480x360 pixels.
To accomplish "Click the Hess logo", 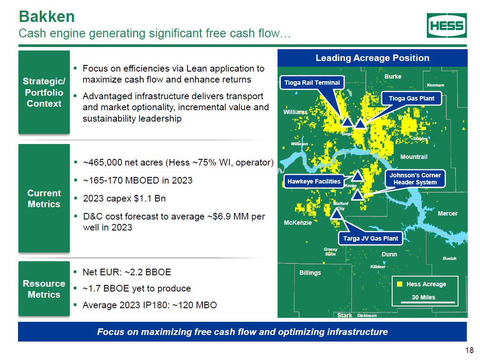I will tap(447, 25).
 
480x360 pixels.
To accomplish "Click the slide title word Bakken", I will tap(47, 17).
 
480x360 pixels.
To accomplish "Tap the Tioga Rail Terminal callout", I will tap(312, 83).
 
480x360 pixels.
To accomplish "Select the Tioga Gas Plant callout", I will tap(411, 98).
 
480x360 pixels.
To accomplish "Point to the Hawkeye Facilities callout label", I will tap(314, 181).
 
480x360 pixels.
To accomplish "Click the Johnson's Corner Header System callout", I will tap(415, 179).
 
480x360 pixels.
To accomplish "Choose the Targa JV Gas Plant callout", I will tap(370, 238).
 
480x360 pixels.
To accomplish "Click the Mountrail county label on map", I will tap(414, 157).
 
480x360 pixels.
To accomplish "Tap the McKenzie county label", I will tap(298, 223).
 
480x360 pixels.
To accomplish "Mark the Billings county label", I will tap(310, 273).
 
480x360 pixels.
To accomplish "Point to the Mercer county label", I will tap(448, 213).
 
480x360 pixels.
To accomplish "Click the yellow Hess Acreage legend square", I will tap(400, 284).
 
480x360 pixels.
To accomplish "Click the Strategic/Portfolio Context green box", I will tap(44, 92).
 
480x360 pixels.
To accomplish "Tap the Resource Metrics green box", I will tap(44, 289).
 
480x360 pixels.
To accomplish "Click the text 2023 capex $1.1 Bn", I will tap(124, 198).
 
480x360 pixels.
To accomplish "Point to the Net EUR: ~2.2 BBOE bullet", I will tap(126, 272).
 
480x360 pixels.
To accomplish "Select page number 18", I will tap(469, 350).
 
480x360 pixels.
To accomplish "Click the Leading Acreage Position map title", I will tap(372, 58).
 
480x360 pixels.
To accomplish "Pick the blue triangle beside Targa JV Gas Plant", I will tap(337, 213).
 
